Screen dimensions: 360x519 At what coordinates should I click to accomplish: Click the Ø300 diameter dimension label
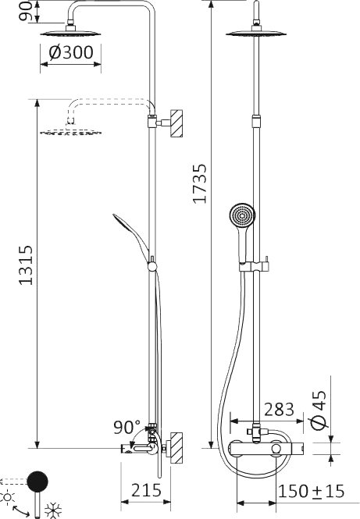click(x=71, y=52)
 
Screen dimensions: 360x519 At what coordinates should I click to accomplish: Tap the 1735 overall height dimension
click(x=200, y=183)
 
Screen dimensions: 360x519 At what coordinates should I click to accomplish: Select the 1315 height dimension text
click(x=26, y=265)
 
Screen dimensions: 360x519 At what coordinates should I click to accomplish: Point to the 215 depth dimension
click(x=146, y=490)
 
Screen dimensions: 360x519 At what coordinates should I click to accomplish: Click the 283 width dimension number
click(x=280, y=409)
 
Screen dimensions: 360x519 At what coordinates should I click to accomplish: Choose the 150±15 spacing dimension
click(x=312, y=491)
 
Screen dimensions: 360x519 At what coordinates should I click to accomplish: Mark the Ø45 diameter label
click(x=319, y=410)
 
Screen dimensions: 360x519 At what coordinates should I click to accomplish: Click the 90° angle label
click(x=127, y=427)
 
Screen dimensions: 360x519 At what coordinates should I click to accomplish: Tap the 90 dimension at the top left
click(x=27, y=11)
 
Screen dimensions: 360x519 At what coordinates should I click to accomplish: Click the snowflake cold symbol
click(x=53, y=510)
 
